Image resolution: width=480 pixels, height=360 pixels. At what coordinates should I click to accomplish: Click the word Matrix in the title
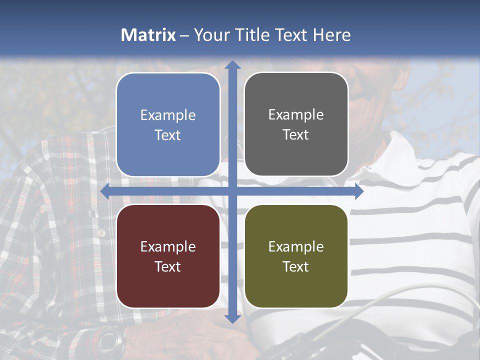click(x=148, y=35)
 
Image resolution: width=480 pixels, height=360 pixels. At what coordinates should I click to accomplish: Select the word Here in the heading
click(x=331, y=35)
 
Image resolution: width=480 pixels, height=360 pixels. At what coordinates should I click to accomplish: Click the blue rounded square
click(x=168, y=124)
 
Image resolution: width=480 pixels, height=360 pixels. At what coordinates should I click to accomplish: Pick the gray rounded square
click(x=296, y=124)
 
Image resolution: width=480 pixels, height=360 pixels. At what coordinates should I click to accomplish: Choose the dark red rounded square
click(x=168, y=256)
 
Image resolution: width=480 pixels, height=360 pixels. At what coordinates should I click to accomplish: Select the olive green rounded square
click(x=296, y=256)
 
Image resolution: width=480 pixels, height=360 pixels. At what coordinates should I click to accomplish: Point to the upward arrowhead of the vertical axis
click(x=232, y=65)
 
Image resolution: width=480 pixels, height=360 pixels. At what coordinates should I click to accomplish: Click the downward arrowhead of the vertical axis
click(x=232, y=318)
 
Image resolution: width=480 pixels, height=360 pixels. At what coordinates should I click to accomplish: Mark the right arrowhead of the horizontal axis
click(x=358, y=191)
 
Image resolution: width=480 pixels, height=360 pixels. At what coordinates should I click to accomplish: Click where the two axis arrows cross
click(x=232, y=191)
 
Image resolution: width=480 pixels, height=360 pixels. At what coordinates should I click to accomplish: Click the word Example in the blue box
click(x=168, y=115)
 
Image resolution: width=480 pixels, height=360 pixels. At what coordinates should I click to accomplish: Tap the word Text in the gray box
click(x=296, y=135)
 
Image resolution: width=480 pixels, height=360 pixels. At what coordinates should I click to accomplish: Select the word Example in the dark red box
click(x=168, y=247)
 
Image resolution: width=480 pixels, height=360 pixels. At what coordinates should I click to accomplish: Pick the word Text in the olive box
click(x=296, y=266)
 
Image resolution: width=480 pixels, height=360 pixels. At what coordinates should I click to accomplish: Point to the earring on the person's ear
click(x=398, y=81)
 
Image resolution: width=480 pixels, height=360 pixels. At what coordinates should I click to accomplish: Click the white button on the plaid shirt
click(x=101, y=233)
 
